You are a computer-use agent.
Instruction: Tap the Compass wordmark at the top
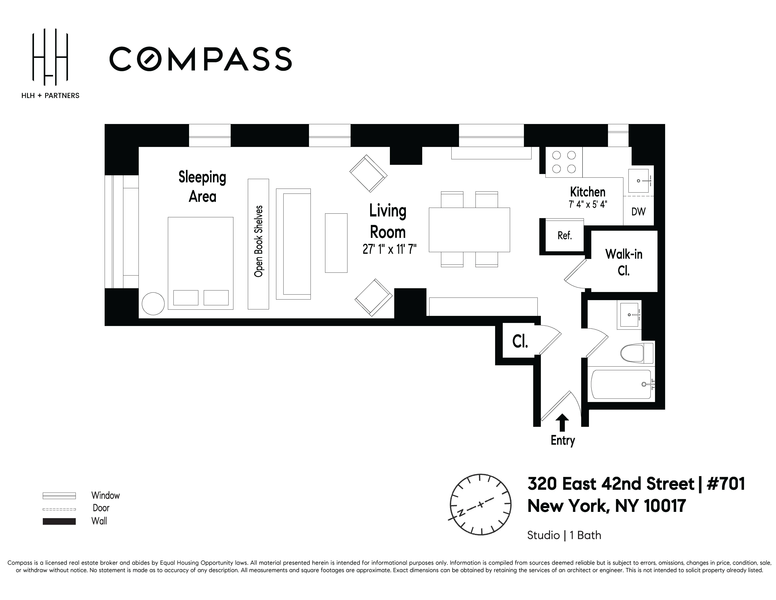200,59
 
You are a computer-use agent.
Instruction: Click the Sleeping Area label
202,187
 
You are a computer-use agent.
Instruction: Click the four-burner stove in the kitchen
564,162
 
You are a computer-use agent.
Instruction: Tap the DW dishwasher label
638,212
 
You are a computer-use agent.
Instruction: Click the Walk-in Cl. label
624,262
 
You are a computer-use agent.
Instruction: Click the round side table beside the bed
153,304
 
